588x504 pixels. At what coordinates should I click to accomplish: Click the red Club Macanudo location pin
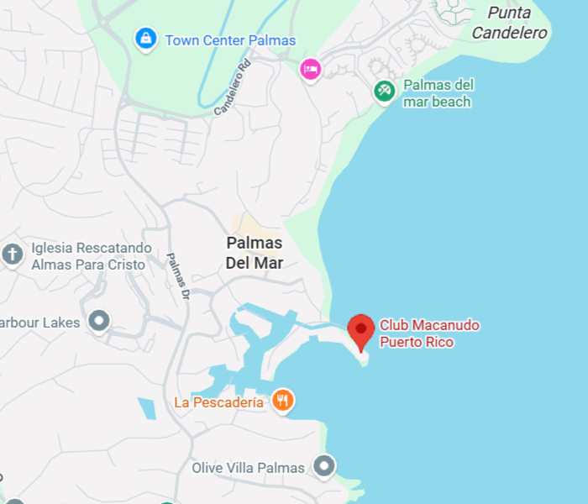coord(361,330)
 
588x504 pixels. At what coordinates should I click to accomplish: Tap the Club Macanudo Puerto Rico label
coord(428,333)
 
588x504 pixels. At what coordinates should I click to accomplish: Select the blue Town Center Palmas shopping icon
coord(146,39)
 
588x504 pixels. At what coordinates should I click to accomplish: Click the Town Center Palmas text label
coord(230,40)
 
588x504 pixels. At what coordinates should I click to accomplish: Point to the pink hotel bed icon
coord(311,70)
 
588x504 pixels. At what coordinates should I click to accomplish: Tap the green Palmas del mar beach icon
coord(385,91)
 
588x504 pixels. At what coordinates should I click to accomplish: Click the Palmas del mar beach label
coord(438,93)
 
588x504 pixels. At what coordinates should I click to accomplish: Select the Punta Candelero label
coord(510,24)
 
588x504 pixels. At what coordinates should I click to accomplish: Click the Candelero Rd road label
coord(233,87)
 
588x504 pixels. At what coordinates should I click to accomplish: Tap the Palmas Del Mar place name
coord(255,252)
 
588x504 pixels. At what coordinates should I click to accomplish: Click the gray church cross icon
coord(13,254)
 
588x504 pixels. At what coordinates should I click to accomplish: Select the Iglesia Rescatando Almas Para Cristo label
coord(88,256)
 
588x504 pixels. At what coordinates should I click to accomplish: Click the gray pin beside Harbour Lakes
coord(100,321)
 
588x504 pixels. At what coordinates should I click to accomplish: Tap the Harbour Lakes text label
coord(40,323)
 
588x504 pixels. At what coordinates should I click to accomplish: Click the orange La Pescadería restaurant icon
coord(283,401)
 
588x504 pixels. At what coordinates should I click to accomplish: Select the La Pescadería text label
coord(218,402)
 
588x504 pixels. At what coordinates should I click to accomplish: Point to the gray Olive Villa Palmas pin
coord(323,465)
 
